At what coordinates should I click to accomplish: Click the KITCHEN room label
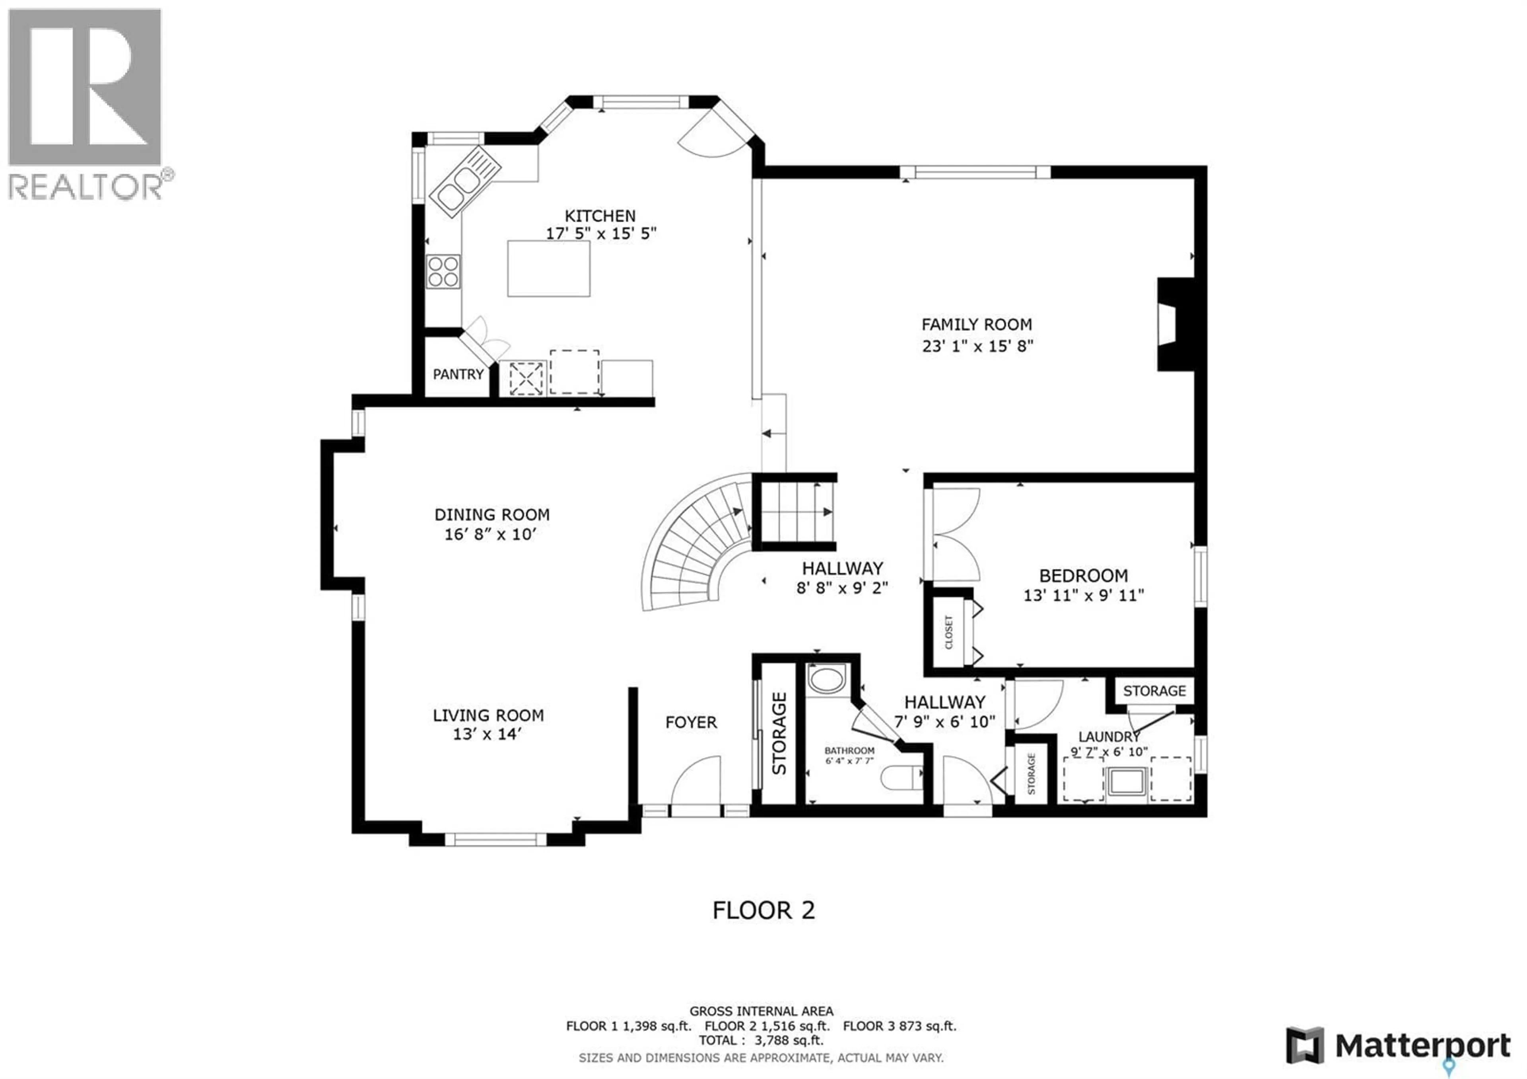[x=600, y=216]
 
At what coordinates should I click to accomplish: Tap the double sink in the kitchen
[x=464, y=181]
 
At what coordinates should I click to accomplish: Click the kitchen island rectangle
[x=549, y=269]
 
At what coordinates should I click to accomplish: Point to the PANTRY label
[x=458, y=374]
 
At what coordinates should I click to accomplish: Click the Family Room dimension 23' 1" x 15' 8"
[x=977, y=346]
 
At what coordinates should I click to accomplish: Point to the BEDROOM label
[x=1083, y=575]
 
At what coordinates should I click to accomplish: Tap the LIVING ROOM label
[x=488, y=715]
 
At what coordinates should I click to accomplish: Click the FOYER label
[x=691, y=723]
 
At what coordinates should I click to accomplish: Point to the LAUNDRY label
[x=1109, y=736]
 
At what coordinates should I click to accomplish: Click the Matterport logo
[x=1399, y=1045]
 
